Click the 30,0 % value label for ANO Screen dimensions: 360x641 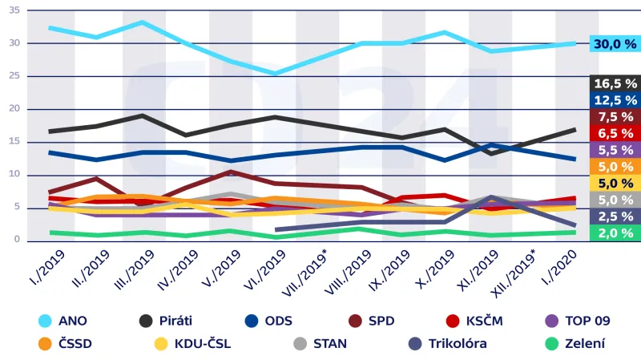(x=615, y=44)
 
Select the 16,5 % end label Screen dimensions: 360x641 (x=615, y=83)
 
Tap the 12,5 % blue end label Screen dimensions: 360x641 (x=615, y=99)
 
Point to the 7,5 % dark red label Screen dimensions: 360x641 (x=615, y=116)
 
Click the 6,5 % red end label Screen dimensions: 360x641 (x=615, y=133)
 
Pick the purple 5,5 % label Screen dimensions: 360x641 (x=615, y=150)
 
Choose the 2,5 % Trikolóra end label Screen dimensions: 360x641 (x=615, y=216)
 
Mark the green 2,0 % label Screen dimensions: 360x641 (x=615, y=233)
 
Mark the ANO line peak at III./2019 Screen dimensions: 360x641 (x=142, y=22)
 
